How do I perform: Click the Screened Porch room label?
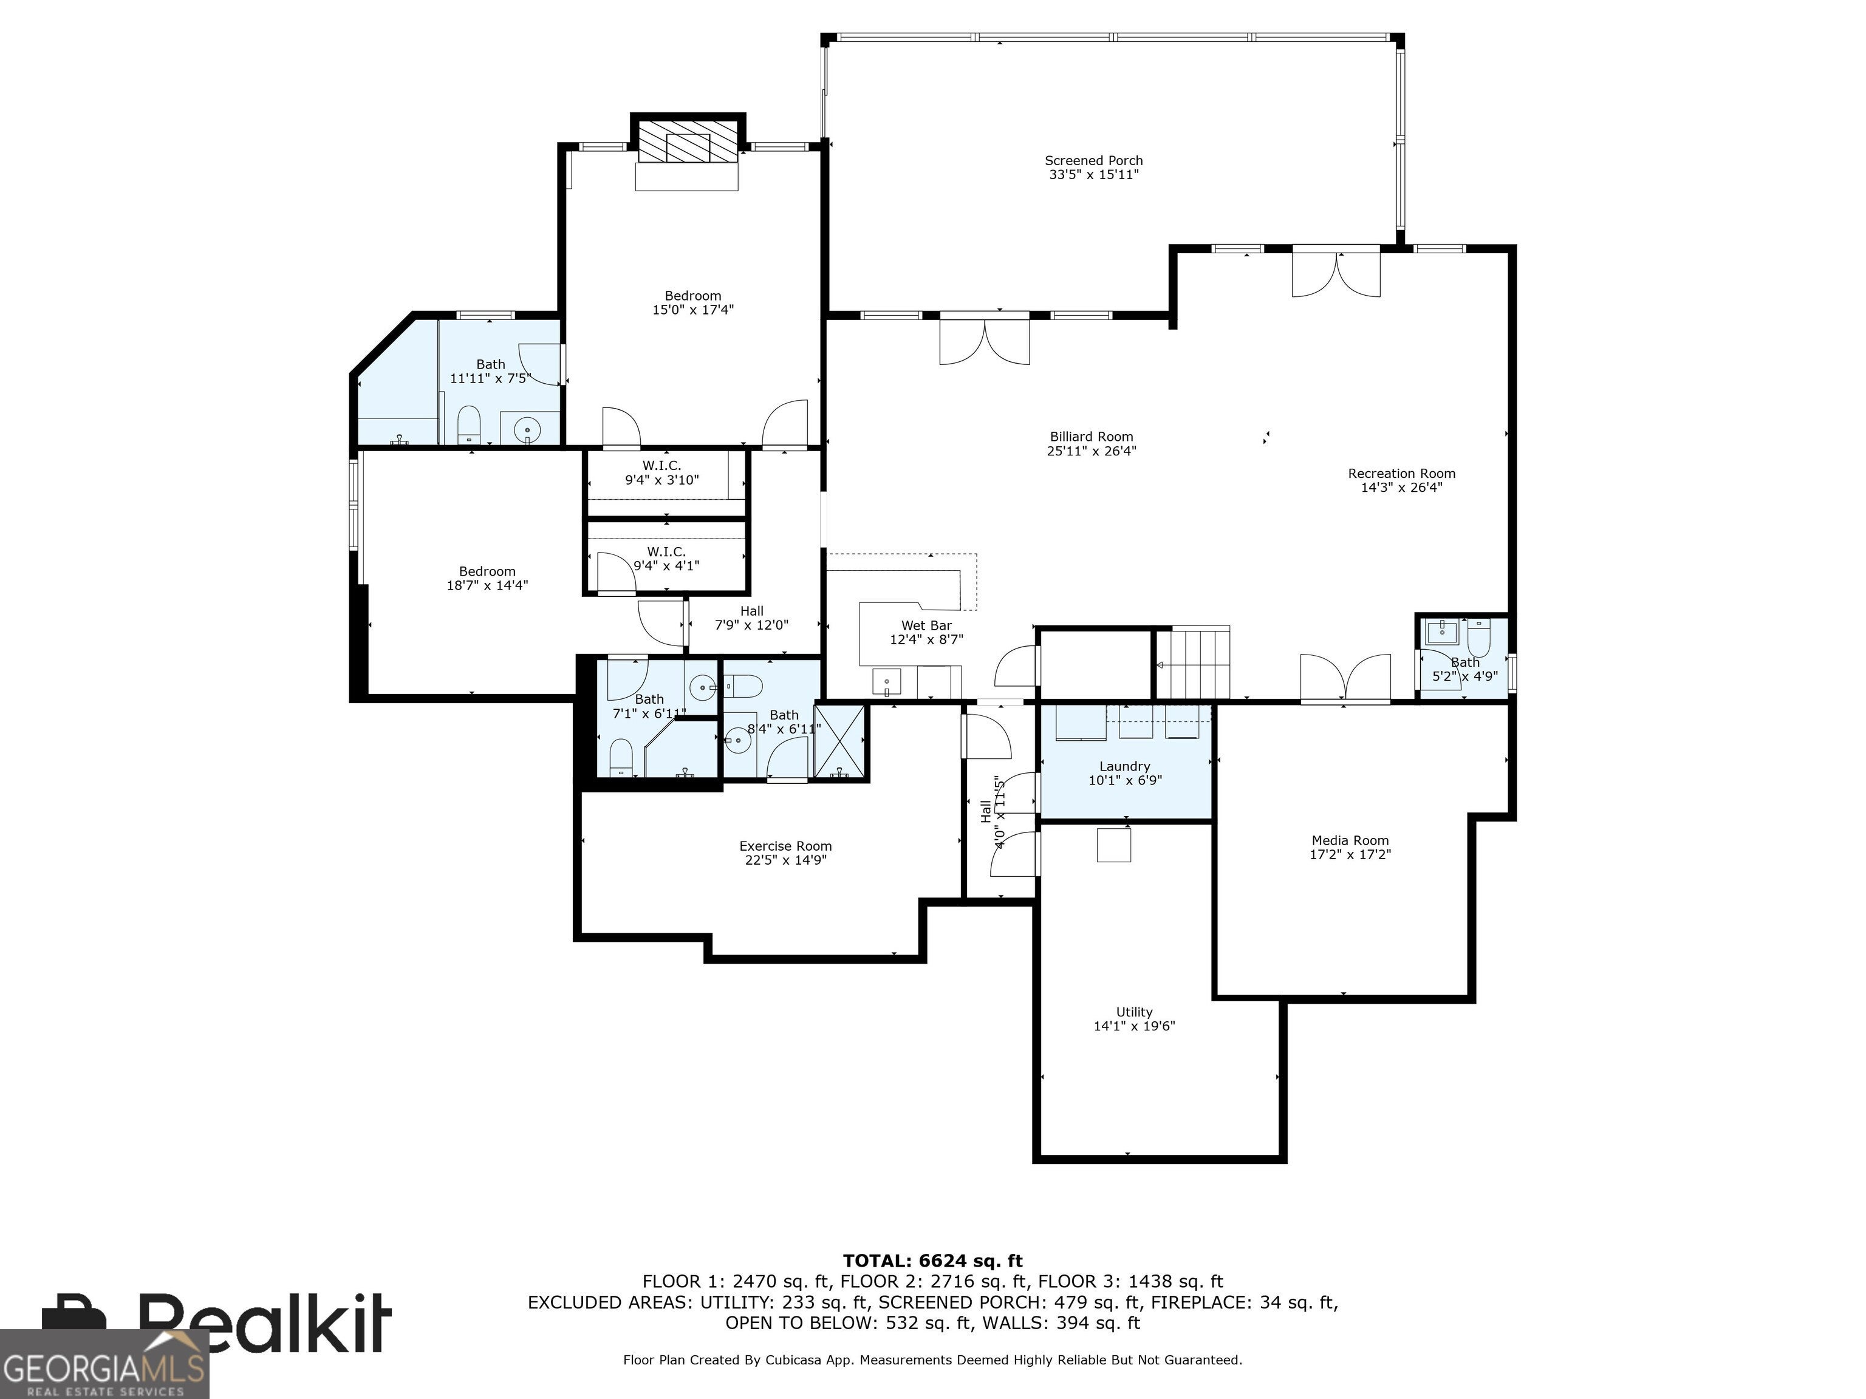coord(1093,160)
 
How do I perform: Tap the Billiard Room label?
coord(1092,437)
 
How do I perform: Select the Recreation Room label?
coord(1401,473)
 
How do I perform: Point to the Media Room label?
coord(1350,840)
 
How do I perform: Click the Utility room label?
coord(1134,1012)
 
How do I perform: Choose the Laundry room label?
coord(1124,766)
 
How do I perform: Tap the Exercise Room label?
coord(785,846)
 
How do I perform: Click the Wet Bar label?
coord(926,625)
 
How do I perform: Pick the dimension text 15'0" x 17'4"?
coord(692,310)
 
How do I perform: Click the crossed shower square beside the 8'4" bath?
coord(840,741)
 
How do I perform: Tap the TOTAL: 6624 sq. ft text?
coord(932,1261)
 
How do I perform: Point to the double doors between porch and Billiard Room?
coord(985,338)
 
